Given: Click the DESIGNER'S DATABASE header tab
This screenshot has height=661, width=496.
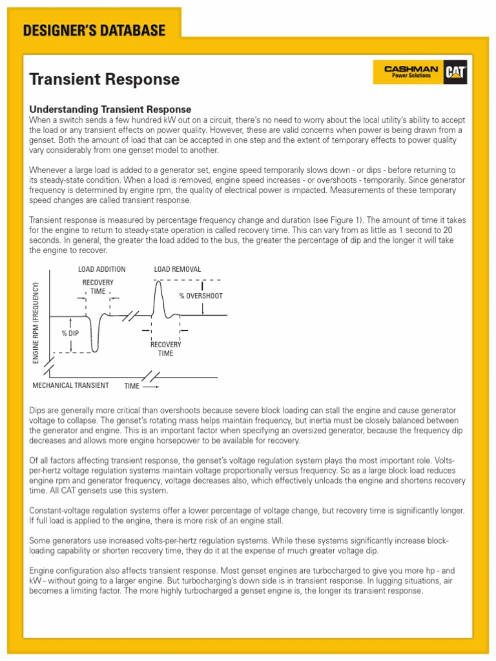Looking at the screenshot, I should click(94, 30).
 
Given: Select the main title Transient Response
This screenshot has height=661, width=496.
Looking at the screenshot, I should click(105, 79).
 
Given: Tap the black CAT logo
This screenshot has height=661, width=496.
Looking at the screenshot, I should click(455, 73).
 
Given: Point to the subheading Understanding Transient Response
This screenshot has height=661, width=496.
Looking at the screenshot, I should click(110, 110).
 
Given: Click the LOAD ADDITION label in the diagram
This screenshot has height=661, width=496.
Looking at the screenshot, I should click(101, 269).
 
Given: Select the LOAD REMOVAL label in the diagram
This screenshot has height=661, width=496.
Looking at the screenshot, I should click(177, 269).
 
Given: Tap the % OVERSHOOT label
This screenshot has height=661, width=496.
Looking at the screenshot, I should click(201, 296).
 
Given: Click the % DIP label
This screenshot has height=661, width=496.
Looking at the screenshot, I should click(70, 333).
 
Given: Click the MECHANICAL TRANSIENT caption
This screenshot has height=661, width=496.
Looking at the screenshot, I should click(70, 385).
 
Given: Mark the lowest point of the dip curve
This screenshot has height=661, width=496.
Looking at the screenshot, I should click(95, 351).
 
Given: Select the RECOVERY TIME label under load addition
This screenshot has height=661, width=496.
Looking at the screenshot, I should click(98, 287).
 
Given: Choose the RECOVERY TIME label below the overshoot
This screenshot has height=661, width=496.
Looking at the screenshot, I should click(166, 349).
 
